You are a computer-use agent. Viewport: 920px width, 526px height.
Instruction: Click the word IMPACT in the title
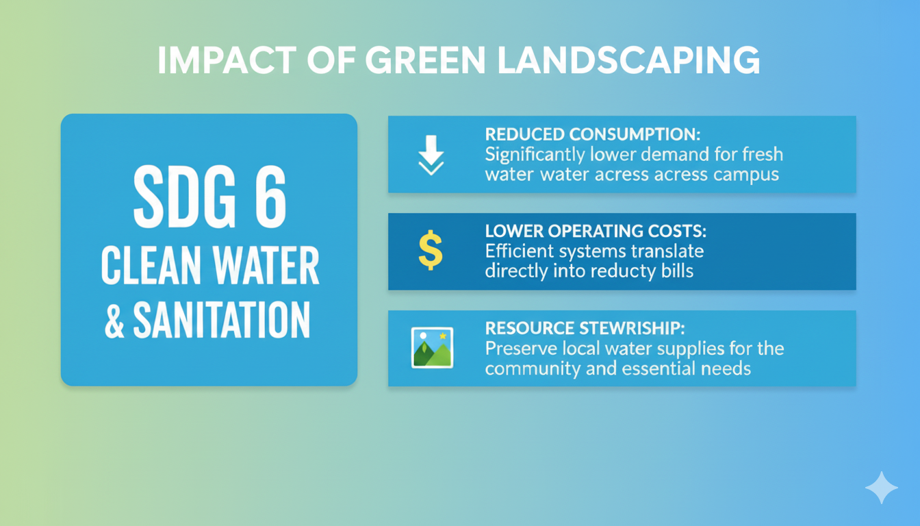(227, 60)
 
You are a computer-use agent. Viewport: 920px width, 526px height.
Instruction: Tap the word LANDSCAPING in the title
(628, 60)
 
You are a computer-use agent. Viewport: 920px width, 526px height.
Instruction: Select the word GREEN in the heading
(426, 60)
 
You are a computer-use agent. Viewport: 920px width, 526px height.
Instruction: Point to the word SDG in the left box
(185, 197)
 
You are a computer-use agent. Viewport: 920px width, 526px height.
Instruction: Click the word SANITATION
(222, 320)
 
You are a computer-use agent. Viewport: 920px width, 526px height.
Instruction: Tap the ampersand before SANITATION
(114, 321)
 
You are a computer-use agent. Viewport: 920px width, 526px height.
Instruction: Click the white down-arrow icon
(431, 155)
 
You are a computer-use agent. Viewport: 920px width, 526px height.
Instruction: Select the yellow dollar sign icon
(431, 250)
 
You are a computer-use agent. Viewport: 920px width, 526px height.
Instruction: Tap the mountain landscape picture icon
(432, 348)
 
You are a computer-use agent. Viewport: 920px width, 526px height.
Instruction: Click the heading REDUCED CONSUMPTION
(593, 134)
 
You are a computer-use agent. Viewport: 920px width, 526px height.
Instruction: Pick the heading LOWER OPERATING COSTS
(596, 231)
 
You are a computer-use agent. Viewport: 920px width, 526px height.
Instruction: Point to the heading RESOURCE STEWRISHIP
(585, 328)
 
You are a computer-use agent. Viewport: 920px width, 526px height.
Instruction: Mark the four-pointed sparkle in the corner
(882, 488)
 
